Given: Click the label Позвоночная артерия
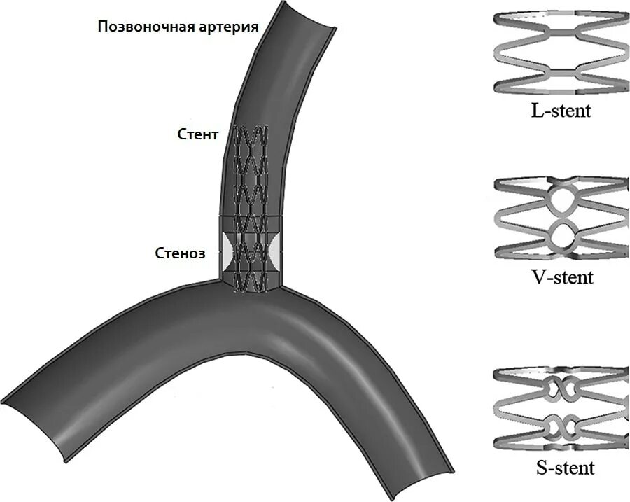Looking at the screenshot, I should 178,27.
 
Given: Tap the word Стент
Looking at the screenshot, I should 198,134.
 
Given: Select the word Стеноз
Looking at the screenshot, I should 180,253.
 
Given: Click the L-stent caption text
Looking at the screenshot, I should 561,110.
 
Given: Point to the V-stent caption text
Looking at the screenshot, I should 561,277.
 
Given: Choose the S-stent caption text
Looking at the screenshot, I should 562,467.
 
